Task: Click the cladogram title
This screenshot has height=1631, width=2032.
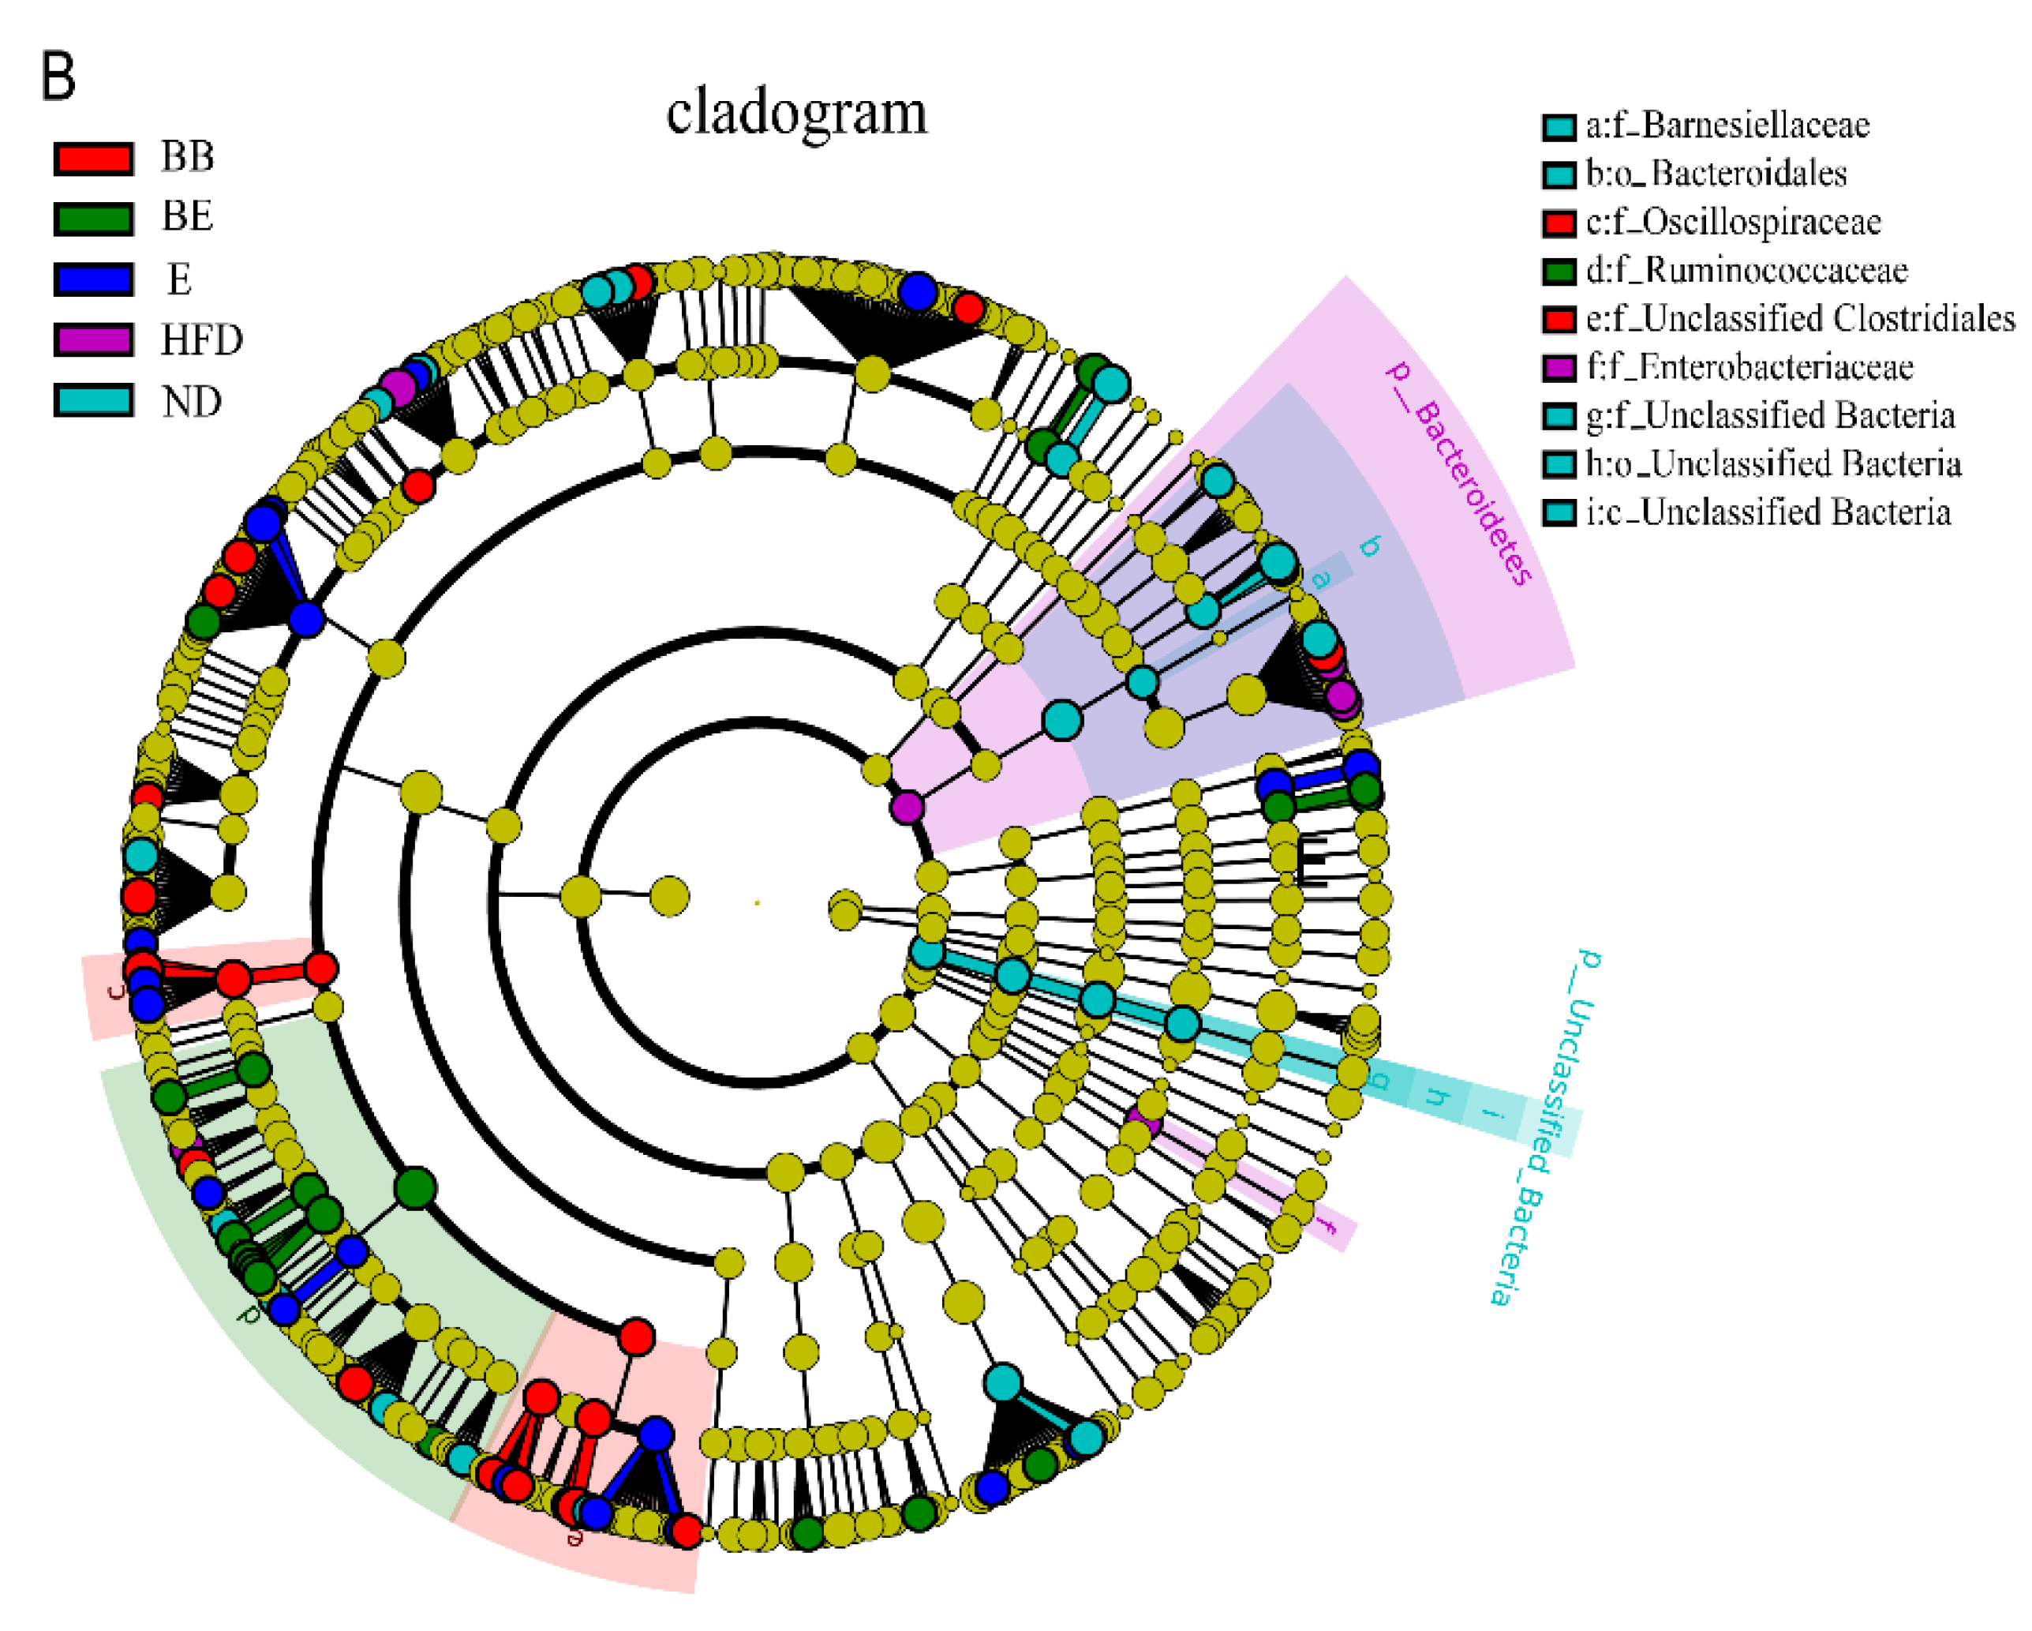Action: pyautogui.click(x=796, y=113)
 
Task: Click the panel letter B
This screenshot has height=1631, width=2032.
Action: pyautogui.click(x=58, y=77)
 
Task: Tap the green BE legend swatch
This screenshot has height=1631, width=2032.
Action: pyautogui.click(x=92, y=219)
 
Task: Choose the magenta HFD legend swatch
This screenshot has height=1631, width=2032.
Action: pyautogui.click(x=92, y=339)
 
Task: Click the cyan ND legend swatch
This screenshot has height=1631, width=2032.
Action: pyautogui.click(x=92, y=401)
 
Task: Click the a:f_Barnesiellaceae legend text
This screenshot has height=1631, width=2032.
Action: pyautogui.click(x=1727, y=126)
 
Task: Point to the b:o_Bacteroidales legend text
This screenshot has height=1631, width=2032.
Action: pyautogui.click(x=1716, y=174)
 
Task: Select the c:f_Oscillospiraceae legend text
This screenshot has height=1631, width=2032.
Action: pyautogui.click(x=1732, y=223)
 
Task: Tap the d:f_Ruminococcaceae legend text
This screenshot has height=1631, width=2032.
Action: pyautogui.click(x=1746, y=271)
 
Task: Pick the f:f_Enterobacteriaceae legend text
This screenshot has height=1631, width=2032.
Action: pyautogui.click(x=1749, y=367)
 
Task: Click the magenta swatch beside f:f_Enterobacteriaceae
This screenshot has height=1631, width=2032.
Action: pyautogui.click(x=1559, y=368)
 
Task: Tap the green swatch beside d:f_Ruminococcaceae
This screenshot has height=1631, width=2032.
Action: pyautogui.click(x=1559, y=272)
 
